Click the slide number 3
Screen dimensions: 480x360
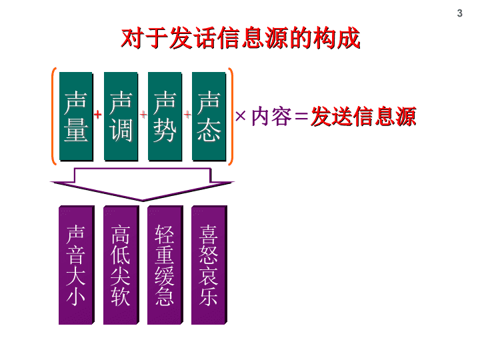[459, 13]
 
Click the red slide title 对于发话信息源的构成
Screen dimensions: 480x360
[240, 38]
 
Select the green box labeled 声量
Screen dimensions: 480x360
[76, 116]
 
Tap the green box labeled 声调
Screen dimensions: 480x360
[121, 116]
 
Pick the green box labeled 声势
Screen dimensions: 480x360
[165, 116]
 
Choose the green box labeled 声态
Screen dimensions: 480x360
[209, 116]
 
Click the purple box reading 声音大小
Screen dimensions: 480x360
[77, 265]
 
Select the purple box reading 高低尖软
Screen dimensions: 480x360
[121, 265]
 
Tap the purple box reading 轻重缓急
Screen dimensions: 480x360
[165, 265]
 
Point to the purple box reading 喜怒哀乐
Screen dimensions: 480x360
[209, 265]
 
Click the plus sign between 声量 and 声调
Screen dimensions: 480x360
[97, 115]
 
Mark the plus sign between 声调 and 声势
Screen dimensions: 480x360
[143, 115]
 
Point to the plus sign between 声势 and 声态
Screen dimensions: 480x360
[187, 115]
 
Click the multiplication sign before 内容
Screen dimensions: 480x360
[241, 116]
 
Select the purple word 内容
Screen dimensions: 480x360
[271, 116]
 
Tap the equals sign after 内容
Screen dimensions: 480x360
[301, 116]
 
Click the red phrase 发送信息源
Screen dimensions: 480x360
[363, 116]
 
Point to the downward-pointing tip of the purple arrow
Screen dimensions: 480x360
[143, 201]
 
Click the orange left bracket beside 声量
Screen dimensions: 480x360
[54, 116]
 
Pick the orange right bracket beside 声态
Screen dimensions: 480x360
[231, 116]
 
